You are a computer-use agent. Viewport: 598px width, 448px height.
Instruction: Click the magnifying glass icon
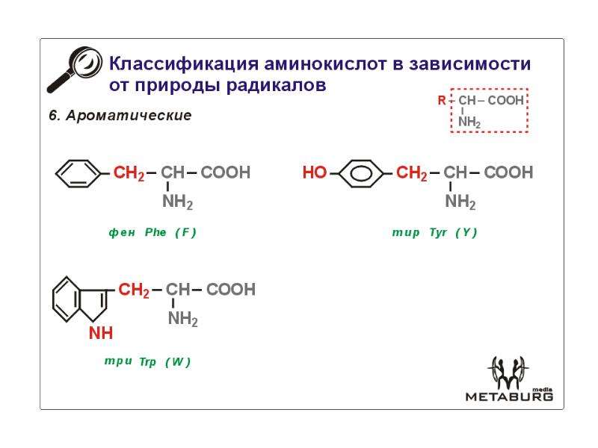pos(75,69)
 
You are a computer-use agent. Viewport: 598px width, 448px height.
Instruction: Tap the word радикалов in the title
pos(276,84)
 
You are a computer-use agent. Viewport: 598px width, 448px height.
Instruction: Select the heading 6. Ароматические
pos(120,115)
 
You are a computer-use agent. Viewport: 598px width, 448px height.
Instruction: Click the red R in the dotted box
pos(442,101)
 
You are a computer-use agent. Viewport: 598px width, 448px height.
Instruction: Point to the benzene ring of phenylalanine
pos(78,173)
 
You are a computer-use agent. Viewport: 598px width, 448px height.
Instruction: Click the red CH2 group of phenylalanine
pos(129,173)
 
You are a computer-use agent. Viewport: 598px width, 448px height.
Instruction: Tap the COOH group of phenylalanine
pos(226,172)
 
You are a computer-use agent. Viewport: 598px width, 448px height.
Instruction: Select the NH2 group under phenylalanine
pos(177,202)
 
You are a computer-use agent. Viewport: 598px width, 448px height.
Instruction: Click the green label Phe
pos(155,232)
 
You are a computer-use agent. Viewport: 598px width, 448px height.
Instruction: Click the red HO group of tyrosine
pos(315,172)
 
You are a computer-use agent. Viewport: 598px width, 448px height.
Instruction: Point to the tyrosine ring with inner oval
pos(361,173)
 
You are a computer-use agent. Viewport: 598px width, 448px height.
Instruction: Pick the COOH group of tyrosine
pos(508,172)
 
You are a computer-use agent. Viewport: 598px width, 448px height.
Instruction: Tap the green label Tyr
pos(438,232)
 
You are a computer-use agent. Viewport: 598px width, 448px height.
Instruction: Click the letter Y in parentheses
pos(466,232)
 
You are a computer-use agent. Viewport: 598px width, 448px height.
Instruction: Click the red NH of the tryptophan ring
pos(101,333)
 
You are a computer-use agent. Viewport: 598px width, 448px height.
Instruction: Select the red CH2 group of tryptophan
pos(134,290)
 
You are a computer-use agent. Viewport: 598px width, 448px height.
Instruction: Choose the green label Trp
pos(147,361)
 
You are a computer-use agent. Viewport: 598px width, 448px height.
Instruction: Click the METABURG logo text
pos(509,396)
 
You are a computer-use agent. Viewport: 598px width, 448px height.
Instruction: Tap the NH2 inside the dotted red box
pos(469,122)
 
